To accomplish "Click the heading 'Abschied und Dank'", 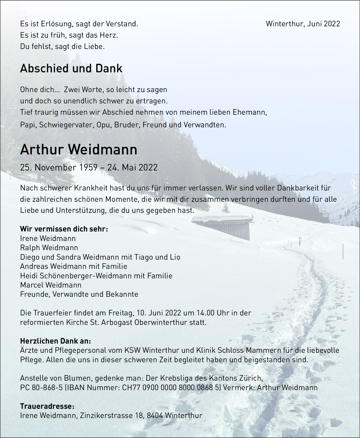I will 71,69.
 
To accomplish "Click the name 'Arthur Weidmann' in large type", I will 79,150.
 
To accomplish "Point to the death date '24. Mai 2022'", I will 132,167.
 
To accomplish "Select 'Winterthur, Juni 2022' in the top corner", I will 303,24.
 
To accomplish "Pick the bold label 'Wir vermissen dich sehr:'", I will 64,229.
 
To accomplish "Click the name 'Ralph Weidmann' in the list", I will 49,248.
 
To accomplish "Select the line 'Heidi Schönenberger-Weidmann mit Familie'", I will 96,276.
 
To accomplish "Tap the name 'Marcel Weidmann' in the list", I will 51,285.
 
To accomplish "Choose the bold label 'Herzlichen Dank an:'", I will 55,341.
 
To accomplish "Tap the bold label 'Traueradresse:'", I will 47,406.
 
